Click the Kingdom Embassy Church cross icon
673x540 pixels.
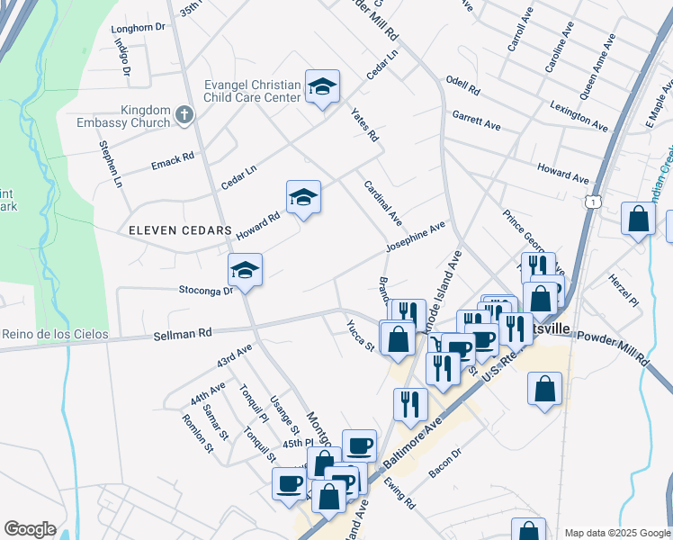pyautogui.click(x=184, y=114)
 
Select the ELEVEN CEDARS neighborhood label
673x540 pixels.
pyautogui.click(x=180, y=230)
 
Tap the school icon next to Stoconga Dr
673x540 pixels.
pyautogui.click(x=245, y=268)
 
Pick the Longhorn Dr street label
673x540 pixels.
pyautogui.click(x=139, y=28)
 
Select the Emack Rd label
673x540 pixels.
pyautogui.click(x=173, y=158)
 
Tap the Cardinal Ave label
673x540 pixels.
pyautogui.click(x=383, y=202)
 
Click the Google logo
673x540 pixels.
pyautogui.click(x=30, y=529)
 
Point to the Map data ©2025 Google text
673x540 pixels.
pyautogui.click(x=618, y=533)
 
